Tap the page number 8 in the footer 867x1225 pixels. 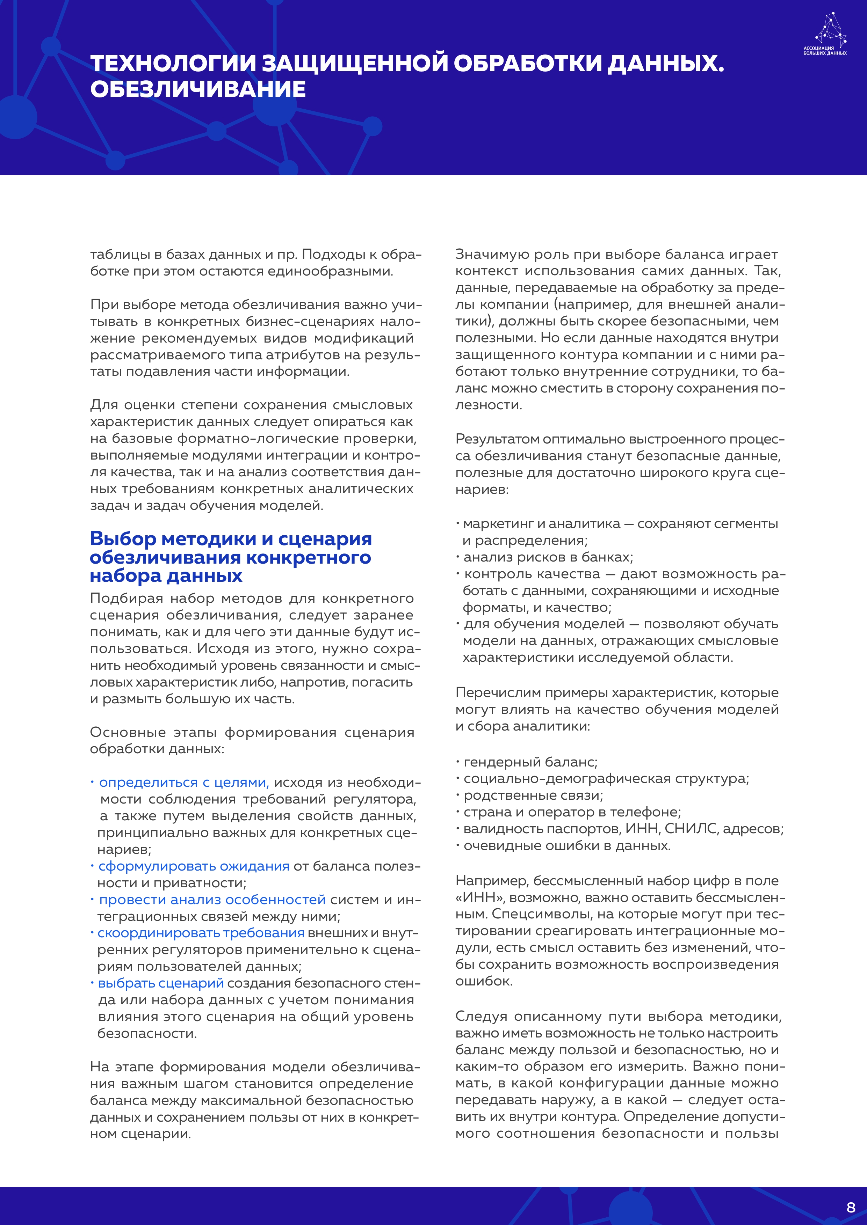(x=851, y=1207)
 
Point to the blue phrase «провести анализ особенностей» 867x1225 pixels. (x=212, y=900)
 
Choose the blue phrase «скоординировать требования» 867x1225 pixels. (x=201, y=933)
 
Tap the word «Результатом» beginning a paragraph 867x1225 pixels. (x=497, y=439)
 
